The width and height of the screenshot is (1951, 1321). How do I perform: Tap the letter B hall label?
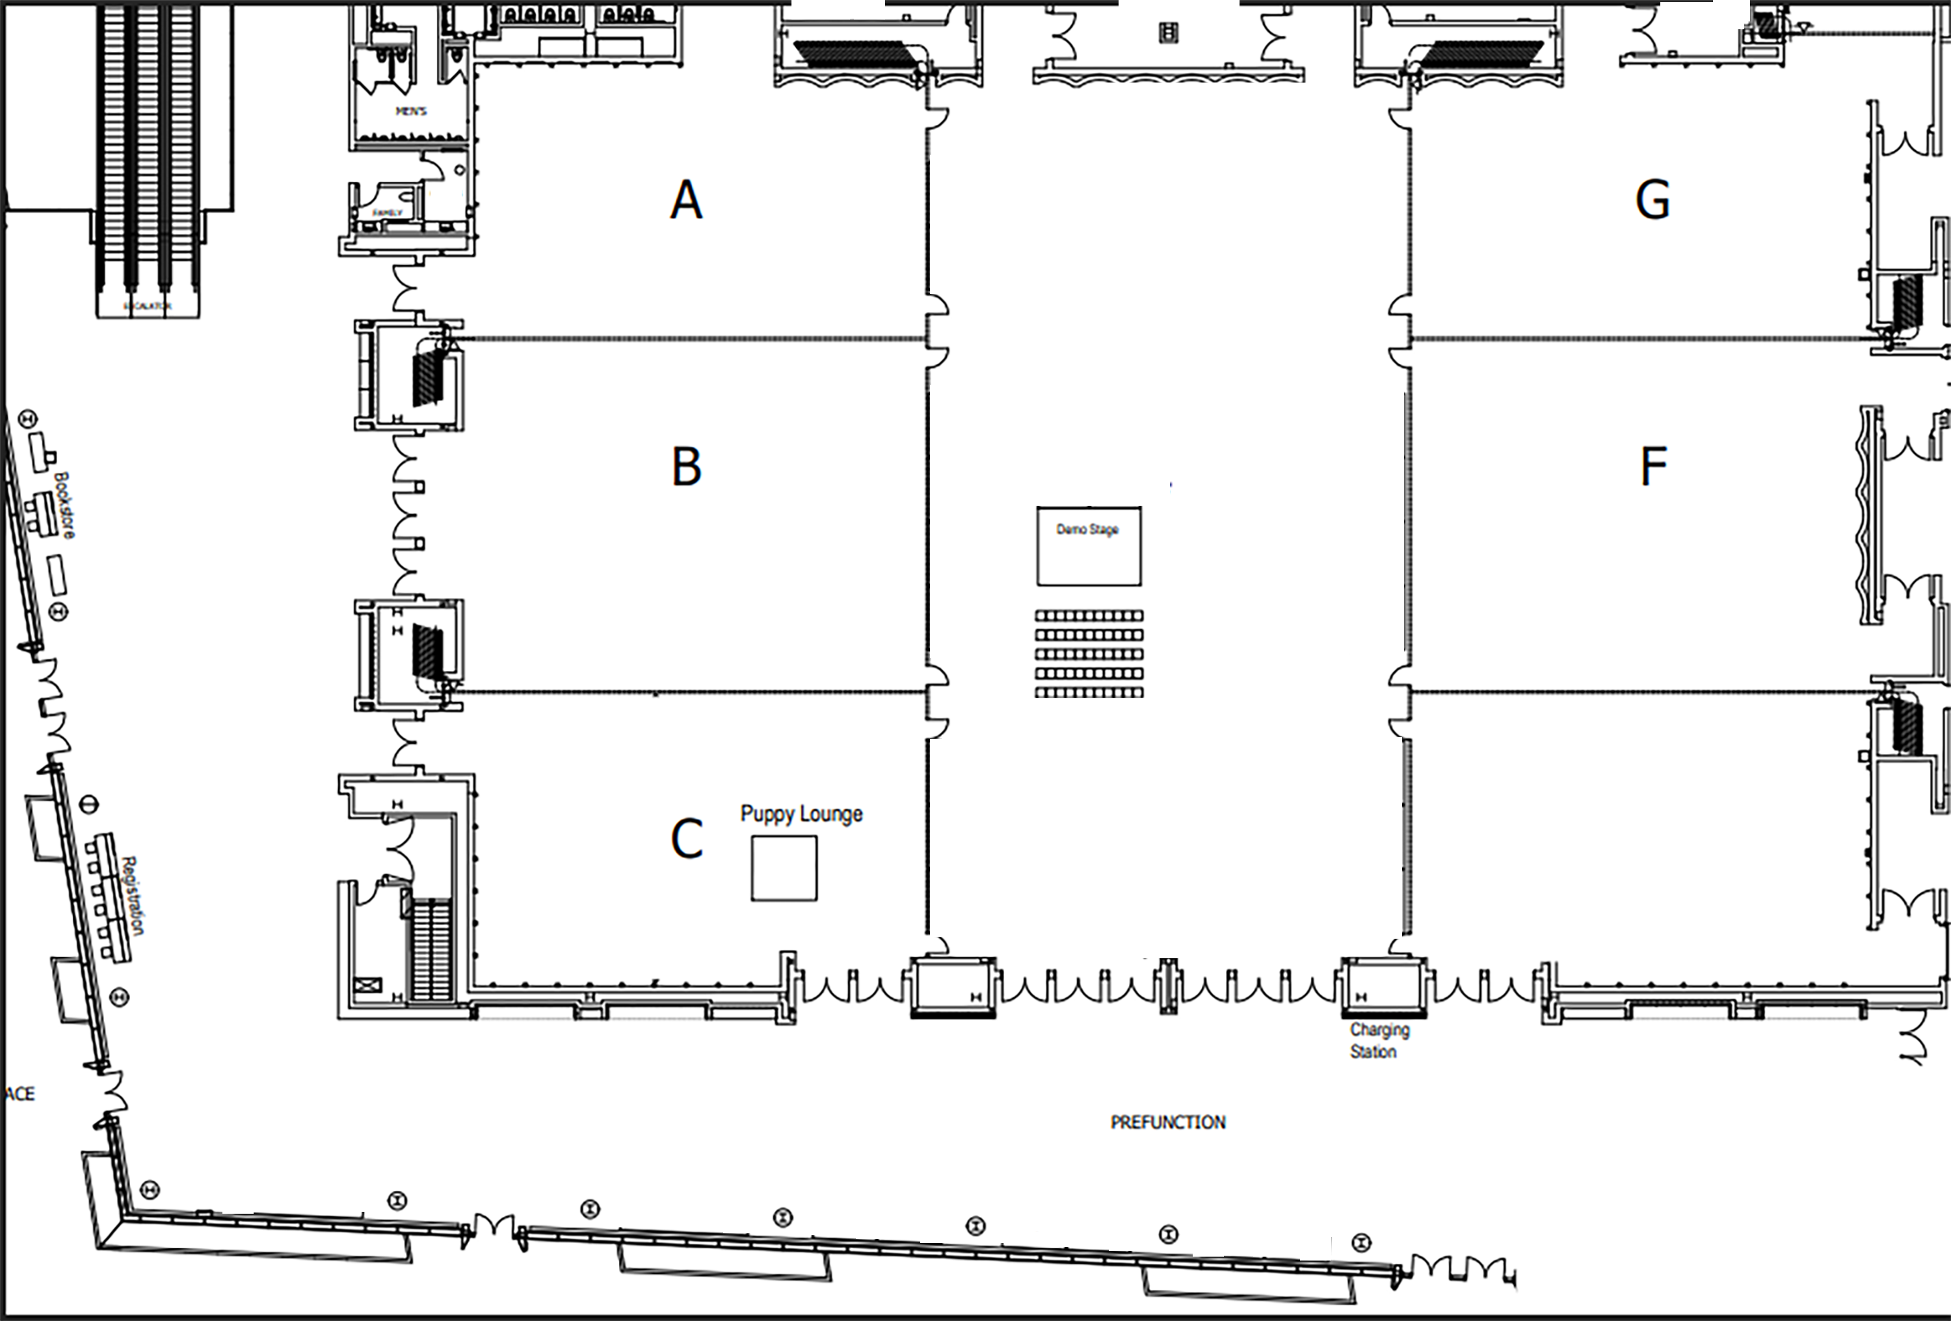coord(687,467)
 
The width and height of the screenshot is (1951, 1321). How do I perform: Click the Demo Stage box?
coord(1089,546)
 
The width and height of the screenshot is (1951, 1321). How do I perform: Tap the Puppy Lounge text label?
coord(801,814)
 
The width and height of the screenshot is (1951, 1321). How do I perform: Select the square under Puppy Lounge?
coord(783,868)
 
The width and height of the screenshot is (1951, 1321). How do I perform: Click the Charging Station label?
coord(1379,1041)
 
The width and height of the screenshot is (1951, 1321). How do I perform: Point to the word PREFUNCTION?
coord(1168,1122)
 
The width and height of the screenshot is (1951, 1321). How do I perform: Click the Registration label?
coord(133,895)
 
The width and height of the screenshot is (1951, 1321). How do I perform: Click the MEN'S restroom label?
coord(412,111)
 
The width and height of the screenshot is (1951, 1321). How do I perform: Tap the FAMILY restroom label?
coord(387,213)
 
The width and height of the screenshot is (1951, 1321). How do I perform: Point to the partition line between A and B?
coord(689,339)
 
